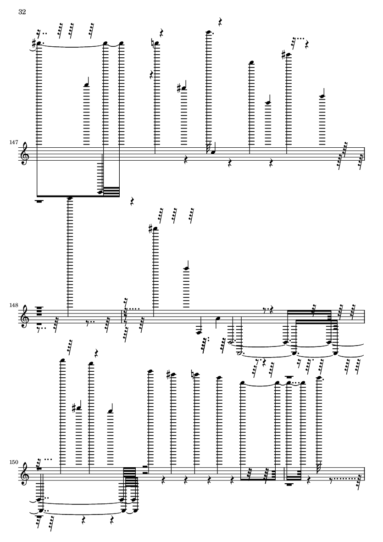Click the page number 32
coord(22,12)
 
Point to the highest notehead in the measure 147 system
coord(208,32)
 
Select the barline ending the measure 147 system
coord(364,154)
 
